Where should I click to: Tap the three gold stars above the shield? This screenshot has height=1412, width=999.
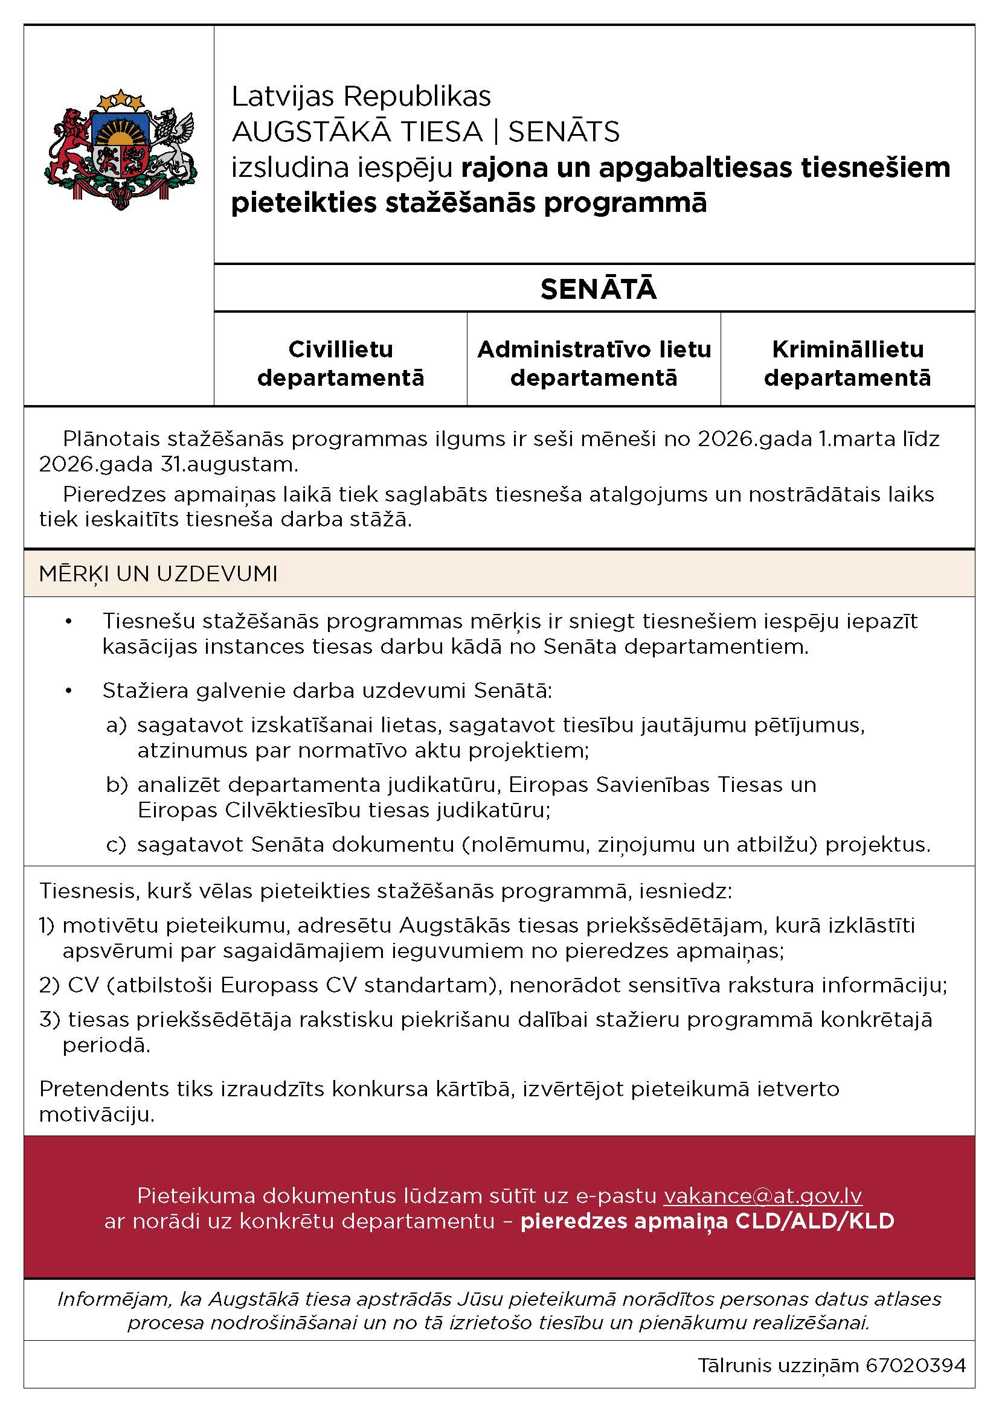pos(121,98)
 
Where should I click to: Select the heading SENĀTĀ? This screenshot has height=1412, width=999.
pos(598,290)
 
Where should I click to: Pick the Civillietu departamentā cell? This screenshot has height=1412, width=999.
pos(340,363)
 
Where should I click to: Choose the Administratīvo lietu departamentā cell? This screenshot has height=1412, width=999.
pos(594,363)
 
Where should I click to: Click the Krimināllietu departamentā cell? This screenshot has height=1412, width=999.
pos(847,363)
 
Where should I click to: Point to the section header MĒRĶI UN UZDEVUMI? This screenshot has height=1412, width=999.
pos(158,573)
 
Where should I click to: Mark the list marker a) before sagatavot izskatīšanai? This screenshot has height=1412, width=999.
pos(115,726)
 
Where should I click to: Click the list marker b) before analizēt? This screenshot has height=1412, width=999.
pos(115,785)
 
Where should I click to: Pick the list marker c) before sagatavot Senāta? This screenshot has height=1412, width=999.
pos(115,845)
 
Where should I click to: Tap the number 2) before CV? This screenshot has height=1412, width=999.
pos(48,985)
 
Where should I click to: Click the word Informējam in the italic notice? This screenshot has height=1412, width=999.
pos(112,1299)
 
